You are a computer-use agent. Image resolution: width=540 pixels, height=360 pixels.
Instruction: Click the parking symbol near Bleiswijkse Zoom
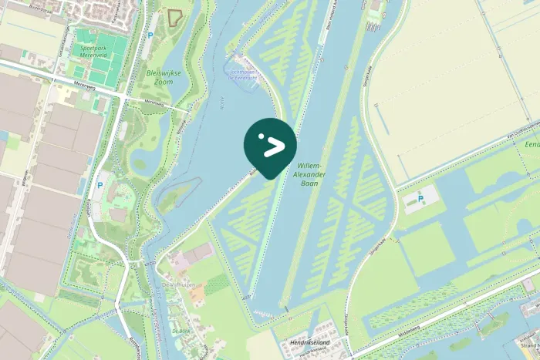[x=150, y=35]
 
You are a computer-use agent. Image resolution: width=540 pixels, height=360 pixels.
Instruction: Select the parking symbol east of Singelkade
[x=420, y=200]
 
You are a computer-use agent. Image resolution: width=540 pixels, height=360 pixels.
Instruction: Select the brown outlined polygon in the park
[x=176, y=18]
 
